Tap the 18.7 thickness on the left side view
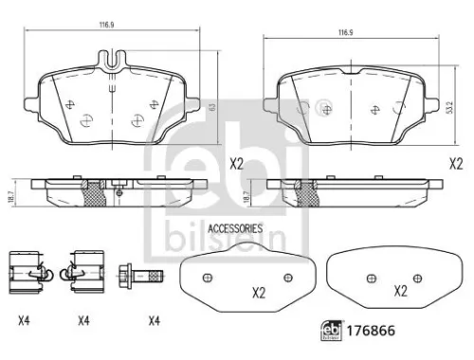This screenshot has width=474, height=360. pyautogui.click(x=10, y=195)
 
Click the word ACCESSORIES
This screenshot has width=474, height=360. pyautogui.click(x=234, y=228)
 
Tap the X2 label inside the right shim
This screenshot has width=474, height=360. pyautogui.click(x=399, y=290)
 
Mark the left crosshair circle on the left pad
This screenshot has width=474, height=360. pyautogui.click(x=87, y=119)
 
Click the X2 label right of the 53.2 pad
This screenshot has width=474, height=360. pyautogui.click(x=456, y=163)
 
